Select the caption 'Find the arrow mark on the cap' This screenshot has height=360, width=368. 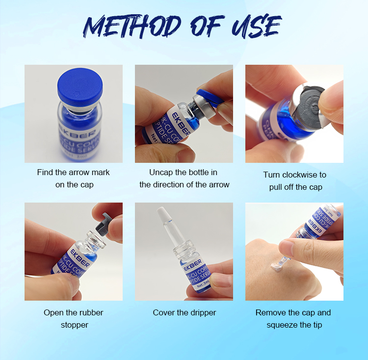coord(74,179)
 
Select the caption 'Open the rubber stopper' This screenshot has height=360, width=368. coord(74,319)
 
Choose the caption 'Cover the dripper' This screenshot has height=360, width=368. coord(184,313)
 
